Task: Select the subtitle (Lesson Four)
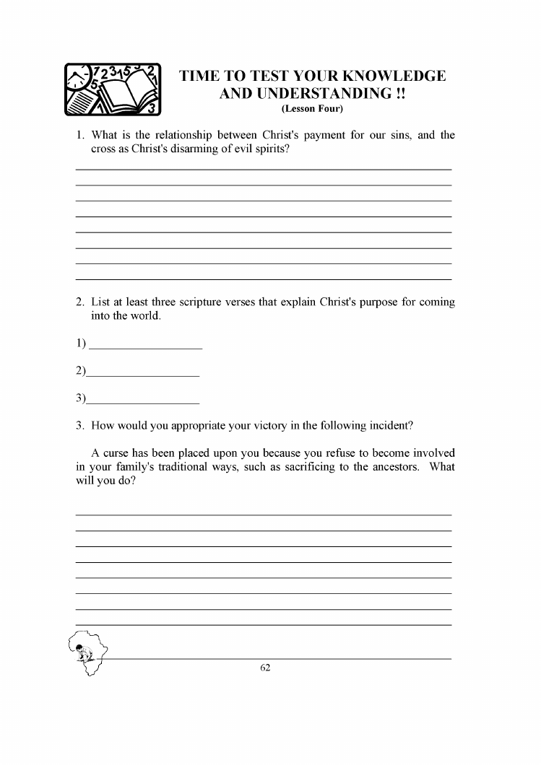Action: point(312,109)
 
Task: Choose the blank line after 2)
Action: point(142,375)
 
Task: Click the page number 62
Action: point(265,668)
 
